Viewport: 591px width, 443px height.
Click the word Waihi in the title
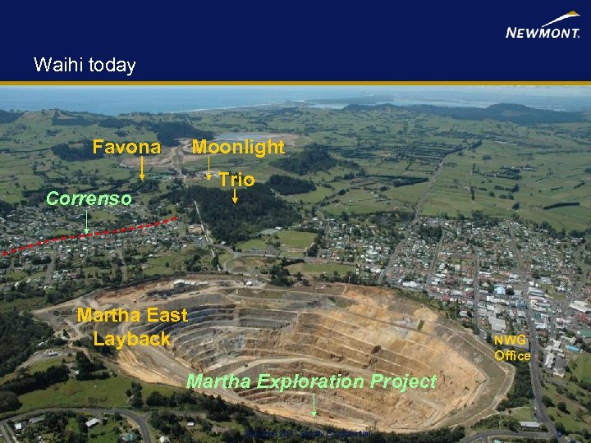(55, 66)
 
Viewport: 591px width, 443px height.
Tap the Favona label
(126, 148)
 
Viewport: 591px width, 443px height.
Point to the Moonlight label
(238, 148)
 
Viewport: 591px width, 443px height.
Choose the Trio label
(236, 180)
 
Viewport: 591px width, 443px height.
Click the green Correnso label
(89, 199)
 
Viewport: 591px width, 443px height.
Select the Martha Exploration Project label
(311, 381)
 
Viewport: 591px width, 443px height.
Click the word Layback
(131, 339)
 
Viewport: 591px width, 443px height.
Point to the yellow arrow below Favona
(142, 168)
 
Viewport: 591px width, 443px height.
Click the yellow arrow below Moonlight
(209, 168)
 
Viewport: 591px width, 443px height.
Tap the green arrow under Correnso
(88, 219)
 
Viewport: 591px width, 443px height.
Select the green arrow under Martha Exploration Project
(314, 404)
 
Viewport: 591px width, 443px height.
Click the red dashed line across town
(90, 235)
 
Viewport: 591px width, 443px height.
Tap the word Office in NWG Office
(511, 355)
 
